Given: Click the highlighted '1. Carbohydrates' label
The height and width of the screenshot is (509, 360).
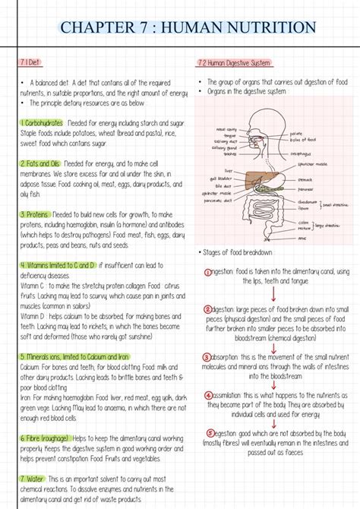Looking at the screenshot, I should [41, 122].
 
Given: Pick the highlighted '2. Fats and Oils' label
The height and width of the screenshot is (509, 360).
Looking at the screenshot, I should [39, 163].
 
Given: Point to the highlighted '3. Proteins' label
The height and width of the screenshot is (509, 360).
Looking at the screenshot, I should [34, 215].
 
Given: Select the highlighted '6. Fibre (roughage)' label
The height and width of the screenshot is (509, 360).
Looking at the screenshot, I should [46, 438].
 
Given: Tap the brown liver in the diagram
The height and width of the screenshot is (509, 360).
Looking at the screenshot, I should [251, 176].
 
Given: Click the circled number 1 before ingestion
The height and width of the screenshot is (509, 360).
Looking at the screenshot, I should [207, 273].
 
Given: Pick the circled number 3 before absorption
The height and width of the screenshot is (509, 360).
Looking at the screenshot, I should [207, 357].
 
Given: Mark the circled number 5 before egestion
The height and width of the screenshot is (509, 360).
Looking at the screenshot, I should [207, 434].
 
